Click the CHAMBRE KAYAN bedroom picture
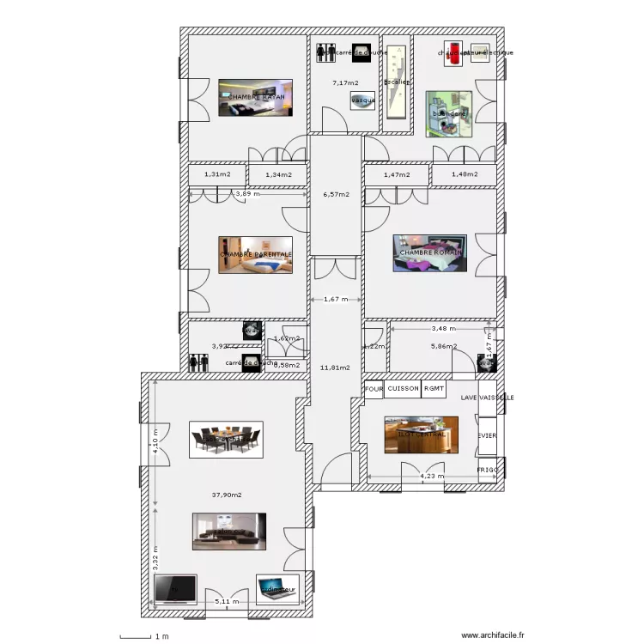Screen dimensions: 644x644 click(x=255, y=98)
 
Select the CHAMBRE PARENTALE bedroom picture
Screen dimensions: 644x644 click(x=255, y=255)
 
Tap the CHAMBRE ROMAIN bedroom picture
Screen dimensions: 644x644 click(x=429, y=252)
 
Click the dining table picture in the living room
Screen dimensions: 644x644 click(x=226, y=440)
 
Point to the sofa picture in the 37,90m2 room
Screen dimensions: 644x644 click(x=228, y=532)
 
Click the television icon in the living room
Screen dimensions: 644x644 click(x=175, y=589)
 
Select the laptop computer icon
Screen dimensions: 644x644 click(x=277, y=588)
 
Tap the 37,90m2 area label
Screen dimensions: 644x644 click(x=227, y=495)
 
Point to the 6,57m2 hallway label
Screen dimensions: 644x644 click(x=336, y=194)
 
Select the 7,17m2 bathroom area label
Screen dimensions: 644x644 click(x=345, y=83)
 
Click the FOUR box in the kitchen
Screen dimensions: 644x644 click(x=374, y=389)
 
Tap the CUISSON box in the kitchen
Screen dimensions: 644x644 click(x=403, y=389)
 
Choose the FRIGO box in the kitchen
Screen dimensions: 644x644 click(x=488, y=471)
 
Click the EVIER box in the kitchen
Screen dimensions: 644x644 click(x=488, y=435)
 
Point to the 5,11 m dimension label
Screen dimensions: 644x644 click(x=228, y=602)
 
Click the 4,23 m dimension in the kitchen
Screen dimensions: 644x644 click(x=432, y=476)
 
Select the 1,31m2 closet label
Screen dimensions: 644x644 click(x=217, y=174)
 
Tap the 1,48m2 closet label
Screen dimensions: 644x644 click(x=464, y=174)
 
